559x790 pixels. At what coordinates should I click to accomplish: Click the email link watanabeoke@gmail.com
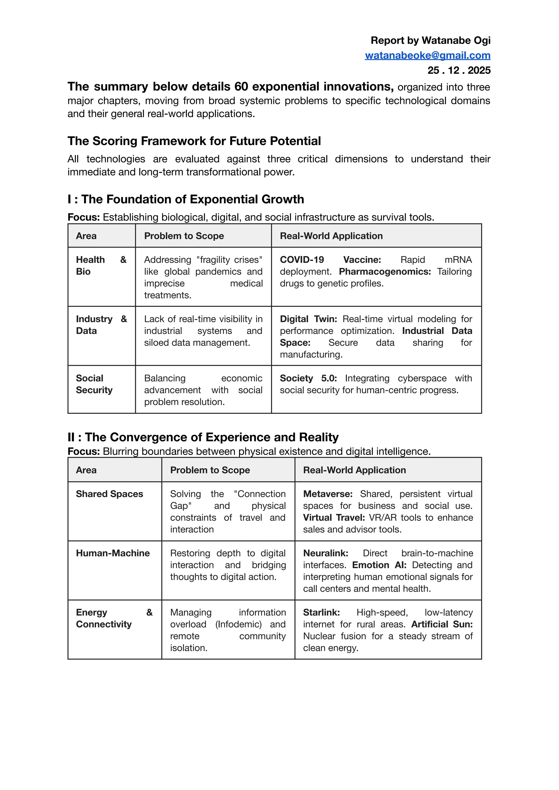427,55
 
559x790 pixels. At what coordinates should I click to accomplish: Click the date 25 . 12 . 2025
459,70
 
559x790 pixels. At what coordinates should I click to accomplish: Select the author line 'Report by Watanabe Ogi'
430,41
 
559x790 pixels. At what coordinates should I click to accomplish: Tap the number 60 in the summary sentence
241,87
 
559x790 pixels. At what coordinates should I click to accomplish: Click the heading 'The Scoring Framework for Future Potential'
194,141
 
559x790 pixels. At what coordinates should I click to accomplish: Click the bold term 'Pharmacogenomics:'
385,272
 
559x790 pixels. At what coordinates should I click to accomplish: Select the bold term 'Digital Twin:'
308,319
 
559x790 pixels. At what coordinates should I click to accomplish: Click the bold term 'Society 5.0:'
308,378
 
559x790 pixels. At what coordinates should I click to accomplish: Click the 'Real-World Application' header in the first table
331,236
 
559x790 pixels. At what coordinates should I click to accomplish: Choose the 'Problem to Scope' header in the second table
210,470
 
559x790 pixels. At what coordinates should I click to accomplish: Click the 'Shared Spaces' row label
109,494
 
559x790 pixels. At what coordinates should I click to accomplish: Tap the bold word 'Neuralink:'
325,553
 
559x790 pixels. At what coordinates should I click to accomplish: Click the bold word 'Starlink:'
321,612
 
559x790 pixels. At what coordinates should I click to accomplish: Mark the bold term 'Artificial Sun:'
442,624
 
